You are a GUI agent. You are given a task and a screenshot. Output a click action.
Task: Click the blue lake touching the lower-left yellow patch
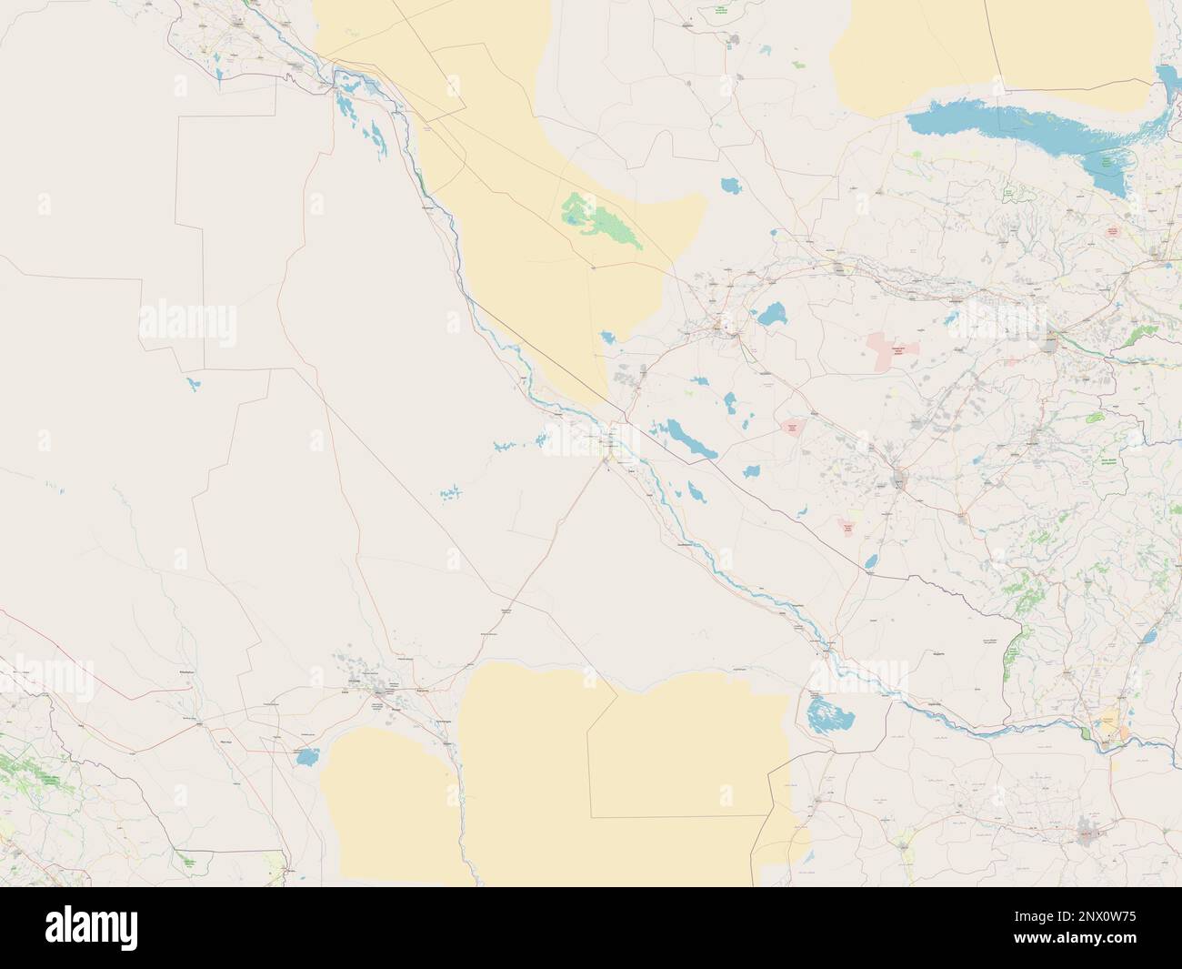coord(306,754)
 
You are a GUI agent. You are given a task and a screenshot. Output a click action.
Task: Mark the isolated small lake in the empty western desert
coord(192,384)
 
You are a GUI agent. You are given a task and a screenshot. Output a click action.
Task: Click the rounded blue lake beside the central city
coord(773,317)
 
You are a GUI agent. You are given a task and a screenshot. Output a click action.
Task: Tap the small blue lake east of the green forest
coord(730,187)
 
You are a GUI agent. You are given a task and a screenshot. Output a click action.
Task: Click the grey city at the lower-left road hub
coord(382,696)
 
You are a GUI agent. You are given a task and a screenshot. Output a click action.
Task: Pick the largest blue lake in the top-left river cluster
coord(346,106)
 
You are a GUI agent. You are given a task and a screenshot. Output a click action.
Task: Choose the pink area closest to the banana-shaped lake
coord(792,429)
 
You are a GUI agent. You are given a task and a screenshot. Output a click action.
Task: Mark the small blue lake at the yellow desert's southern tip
coord(607,338)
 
